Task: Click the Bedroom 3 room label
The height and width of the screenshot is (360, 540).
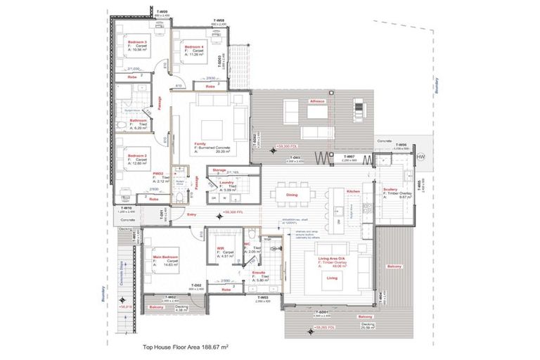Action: click(x=136, y=42)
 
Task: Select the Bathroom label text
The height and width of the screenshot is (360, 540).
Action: click(x=138, y=120)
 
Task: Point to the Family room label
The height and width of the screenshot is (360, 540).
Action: click(x=200, y=142)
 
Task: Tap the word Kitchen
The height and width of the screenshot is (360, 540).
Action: click(x=353, y=191)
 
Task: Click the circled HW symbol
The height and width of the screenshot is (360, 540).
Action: click(x=420, y=156)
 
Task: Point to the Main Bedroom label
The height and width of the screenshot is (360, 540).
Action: click(x=163, y=257)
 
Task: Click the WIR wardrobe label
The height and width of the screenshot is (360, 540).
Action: click(x=220, y=247)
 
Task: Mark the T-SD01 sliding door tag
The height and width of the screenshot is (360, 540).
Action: click(x=323, y=311)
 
